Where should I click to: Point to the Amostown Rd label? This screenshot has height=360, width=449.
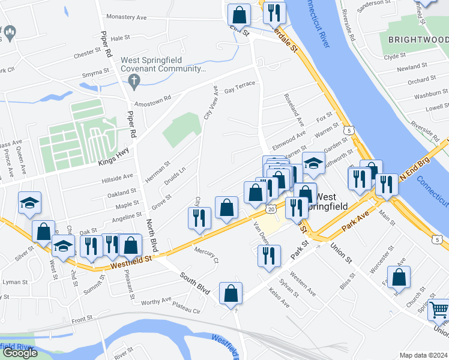tap(152, 100)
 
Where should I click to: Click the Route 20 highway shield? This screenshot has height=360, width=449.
tap(272, 209)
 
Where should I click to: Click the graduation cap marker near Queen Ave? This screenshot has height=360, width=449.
tap(29, 203)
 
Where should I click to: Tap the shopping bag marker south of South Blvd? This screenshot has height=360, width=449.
tap(231, 294)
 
